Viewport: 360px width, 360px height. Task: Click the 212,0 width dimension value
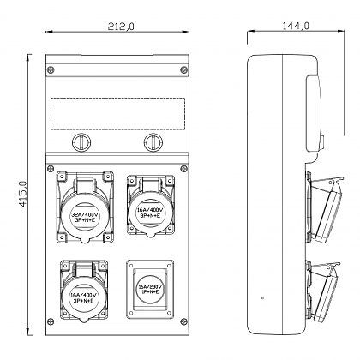(121, 27)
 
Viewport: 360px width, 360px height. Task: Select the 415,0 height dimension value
(22, 194)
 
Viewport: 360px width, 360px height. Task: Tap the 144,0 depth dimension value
(296, 26)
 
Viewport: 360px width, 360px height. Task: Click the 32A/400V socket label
(85, 214)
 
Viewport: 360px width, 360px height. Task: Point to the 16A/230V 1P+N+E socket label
(150, 289)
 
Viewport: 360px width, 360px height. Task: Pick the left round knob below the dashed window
(81, 142)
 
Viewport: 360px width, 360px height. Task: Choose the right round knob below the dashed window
(153, 142)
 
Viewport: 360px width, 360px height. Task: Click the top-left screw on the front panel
(51, 69)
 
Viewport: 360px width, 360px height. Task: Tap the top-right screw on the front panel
(184, 69)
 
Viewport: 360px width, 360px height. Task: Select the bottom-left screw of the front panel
(51, 321)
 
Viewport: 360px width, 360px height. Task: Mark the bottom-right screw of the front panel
(184, 321)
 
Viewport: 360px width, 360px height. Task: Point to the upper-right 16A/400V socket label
(150, 213)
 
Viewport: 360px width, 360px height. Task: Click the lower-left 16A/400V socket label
(84, 297)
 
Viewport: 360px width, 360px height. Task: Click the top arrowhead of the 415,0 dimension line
(28, 58)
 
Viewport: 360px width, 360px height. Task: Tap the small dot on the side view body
(263, 298)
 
